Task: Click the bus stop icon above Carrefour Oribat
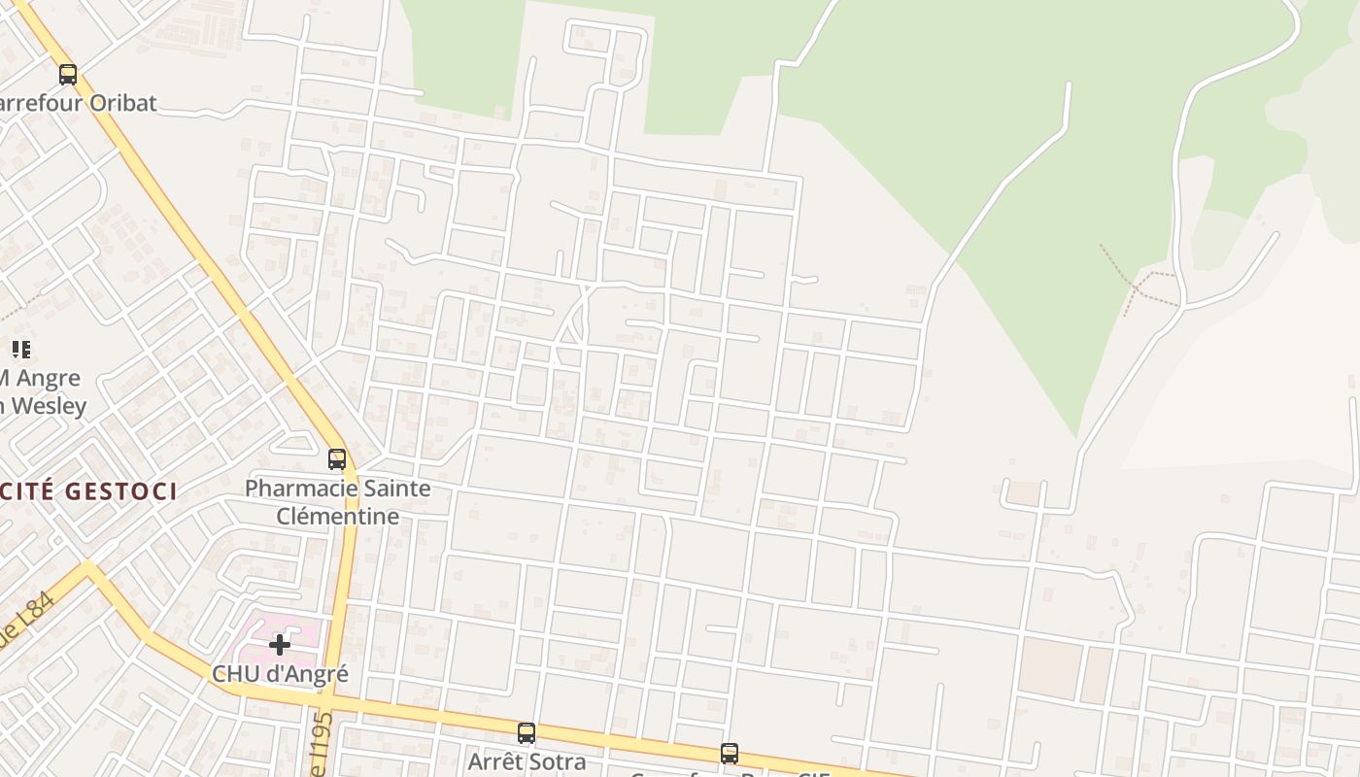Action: pyautogui.click(x=68, y=74)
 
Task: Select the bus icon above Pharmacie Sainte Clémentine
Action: pyautogui.click(x=337, y=458)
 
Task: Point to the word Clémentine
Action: pyautogui.click(x=337, y=516)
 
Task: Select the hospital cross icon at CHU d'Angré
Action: pyautogui.click(x=280, y=644)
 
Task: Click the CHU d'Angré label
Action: pyautogui.click(x=280, y=673)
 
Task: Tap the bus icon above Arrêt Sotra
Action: pyautogui.click(x=527, y=732)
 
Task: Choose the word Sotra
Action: pyautogui.click(x=557, y=761)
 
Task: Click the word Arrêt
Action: pyautogui.click(x=494, y=761)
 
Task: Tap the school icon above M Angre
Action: pyautogui.click(x=20, y=349)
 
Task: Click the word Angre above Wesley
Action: pyautogui.click(x=49, y=378)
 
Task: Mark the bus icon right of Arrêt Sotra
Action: pyautogui.click(x=730, y=753)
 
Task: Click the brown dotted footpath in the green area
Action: pyautogui.click(x=1132, y=283)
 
